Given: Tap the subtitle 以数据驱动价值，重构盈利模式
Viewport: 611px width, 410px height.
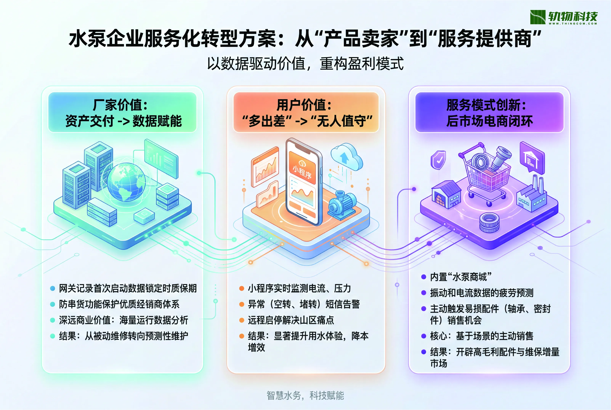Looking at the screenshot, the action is pyautogui.click(x=305, y=64).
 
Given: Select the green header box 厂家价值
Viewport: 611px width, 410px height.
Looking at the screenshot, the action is pyautogui.click(x=122, y=112).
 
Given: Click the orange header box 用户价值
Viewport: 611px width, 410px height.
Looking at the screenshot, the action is pyautogui.click(x=306, y=112).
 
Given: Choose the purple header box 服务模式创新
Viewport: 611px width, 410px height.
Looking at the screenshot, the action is pyautogui.click(x=489, y=112).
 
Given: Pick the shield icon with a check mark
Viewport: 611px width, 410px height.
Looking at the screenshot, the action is pyautogui.click(x=438, y=160).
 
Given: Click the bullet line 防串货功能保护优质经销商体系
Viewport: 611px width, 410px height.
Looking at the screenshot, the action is pyautogui.click(x=119, y=304).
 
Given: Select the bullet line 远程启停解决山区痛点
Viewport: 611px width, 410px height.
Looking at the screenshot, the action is pyautogui.click(x=291, y=320).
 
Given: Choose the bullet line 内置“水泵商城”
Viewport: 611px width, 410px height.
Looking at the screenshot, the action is pyautogui.click(x=461, y=277).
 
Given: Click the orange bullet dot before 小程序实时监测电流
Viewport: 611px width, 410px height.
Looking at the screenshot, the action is pyautogui.click(x=242, y=288).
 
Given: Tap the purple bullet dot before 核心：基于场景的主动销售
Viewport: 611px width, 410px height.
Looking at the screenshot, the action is pyautogui.click(x=424, y=336).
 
